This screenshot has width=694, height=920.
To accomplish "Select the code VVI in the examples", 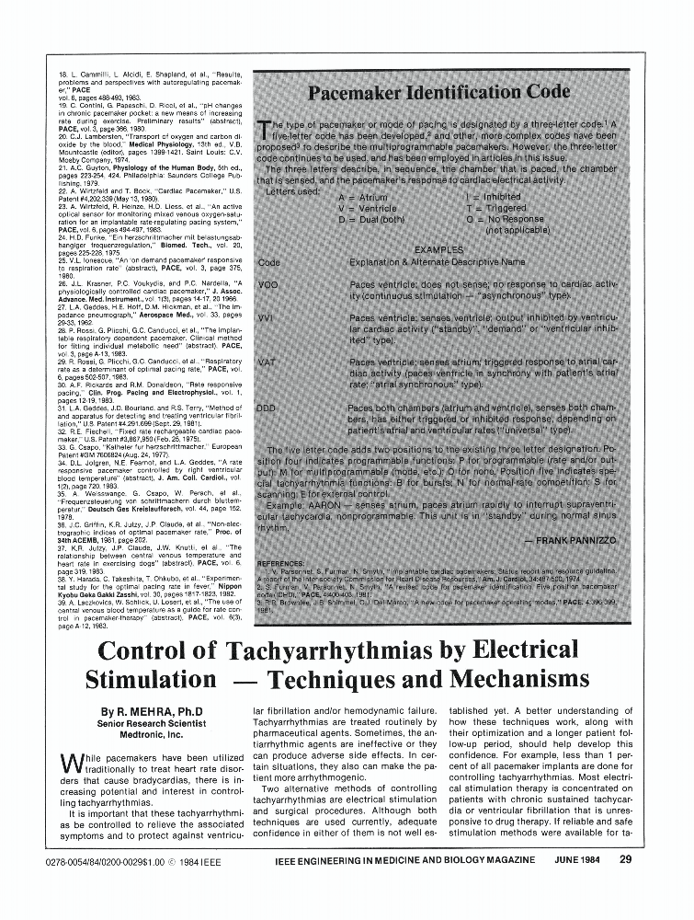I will point(267,317).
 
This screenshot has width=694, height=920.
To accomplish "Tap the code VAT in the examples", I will point(267,362).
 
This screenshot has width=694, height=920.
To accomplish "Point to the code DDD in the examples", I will point(267,407).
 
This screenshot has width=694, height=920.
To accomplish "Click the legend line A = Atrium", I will point(363,198).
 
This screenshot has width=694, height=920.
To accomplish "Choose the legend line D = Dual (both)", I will point(371,220).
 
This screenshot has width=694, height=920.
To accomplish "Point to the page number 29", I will point(625,860).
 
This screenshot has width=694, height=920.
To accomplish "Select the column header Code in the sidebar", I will point(269,262).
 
